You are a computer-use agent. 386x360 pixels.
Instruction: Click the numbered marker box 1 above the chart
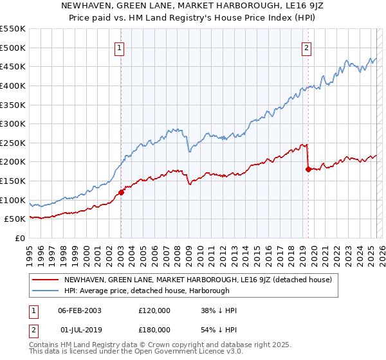click(120, 47)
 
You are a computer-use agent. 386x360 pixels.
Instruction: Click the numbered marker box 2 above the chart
click(307, 47)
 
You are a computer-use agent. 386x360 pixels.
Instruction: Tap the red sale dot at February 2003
click(121, 192)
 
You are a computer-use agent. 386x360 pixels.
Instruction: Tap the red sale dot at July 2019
click(308, 169)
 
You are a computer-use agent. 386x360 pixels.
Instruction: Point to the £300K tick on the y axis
click(13, 123)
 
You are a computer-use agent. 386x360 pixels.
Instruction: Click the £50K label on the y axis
click(15, 219)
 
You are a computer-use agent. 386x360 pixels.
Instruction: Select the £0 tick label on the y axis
click(21, 238)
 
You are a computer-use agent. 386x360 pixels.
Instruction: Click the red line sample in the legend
click(45, 280)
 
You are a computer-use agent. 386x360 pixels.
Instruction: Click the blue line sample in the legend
click(45, 291)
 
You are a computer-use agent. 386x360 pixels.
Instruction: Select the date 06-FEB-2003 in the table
click(79, 310)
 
